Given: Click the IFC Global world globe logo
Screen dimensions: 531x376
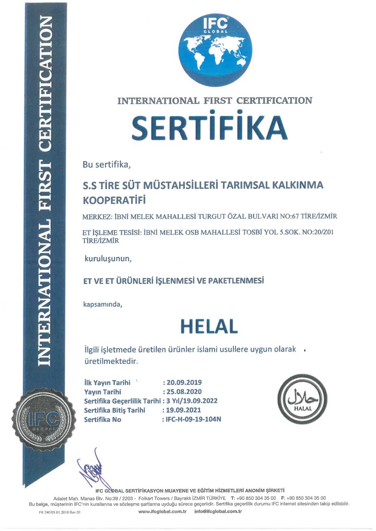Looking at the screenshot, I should click(x=215, y=49).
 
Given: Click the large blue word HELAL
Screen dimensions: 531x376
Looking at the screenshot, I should click(x=209, y=327).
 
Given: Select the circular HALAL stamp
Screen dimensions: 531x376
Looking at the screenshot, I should click(x=303, y=399).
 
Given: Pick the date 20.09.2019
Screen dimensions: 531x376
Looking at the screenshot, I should click(x=184, y=383).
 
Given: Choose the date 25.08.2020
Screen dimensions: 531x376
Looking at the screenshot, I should click(x=184, y=392).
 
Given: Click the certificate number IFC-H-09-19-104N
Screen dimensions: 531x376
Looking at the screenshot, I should click(x=193, y=419).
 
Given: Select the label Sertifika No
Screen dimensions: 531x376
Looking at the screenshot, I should click(x=102, y=420).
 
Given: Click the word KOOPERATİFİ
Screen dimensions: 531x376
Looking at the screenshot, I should click(x=114, y=200).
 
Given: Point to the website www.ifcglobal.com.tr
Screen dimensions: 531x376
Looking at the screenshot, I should click(x=162, y=512).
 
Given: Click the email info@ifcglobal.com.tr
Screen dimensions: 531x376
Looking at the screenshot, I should click(x=218, y=512).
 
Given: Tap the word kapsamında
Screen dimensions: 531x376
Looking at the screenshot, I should click(x=102, y=305).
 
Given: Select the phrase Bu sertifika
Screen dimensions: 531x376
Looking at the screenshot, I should click(x=106, y=164).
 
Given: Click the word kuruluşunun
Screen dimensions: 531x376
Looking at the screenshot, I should click(x=108, y=259).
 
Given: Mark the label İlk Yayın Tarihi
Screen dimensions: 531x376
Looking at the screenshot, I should click(x=107, y=383).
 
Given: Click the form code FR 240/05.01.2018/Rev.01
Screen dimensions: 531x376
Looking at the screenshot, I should click(x=60, y=512).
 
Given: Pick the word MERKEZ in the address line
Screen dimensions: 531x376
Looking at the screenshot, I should click(x=96, y=217).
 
